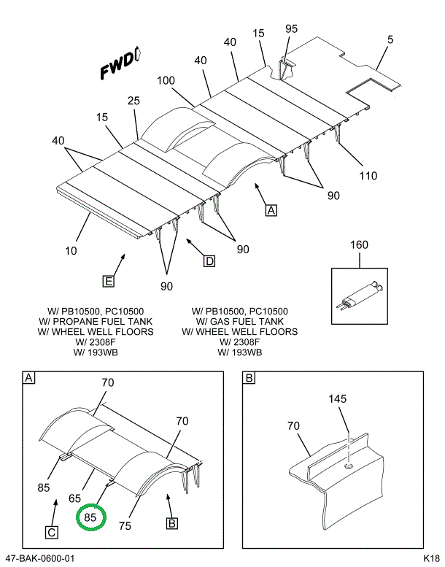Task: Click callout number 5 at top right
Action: click(390, 39)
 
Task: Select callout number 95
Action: click(291, 29)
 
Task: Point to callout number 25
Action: click(133, 101)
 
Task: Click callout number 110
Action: click(368, 175)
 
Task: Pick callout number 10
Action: click(71, 251)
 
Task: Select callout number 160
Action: click(360, 245)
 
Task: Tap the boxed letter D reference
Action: click(209, 261)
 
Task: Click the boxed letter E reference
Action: click(107, 279)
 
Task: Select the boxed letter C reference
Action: click(53, 532)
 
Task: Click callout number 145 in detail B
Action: click(337, 399)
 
